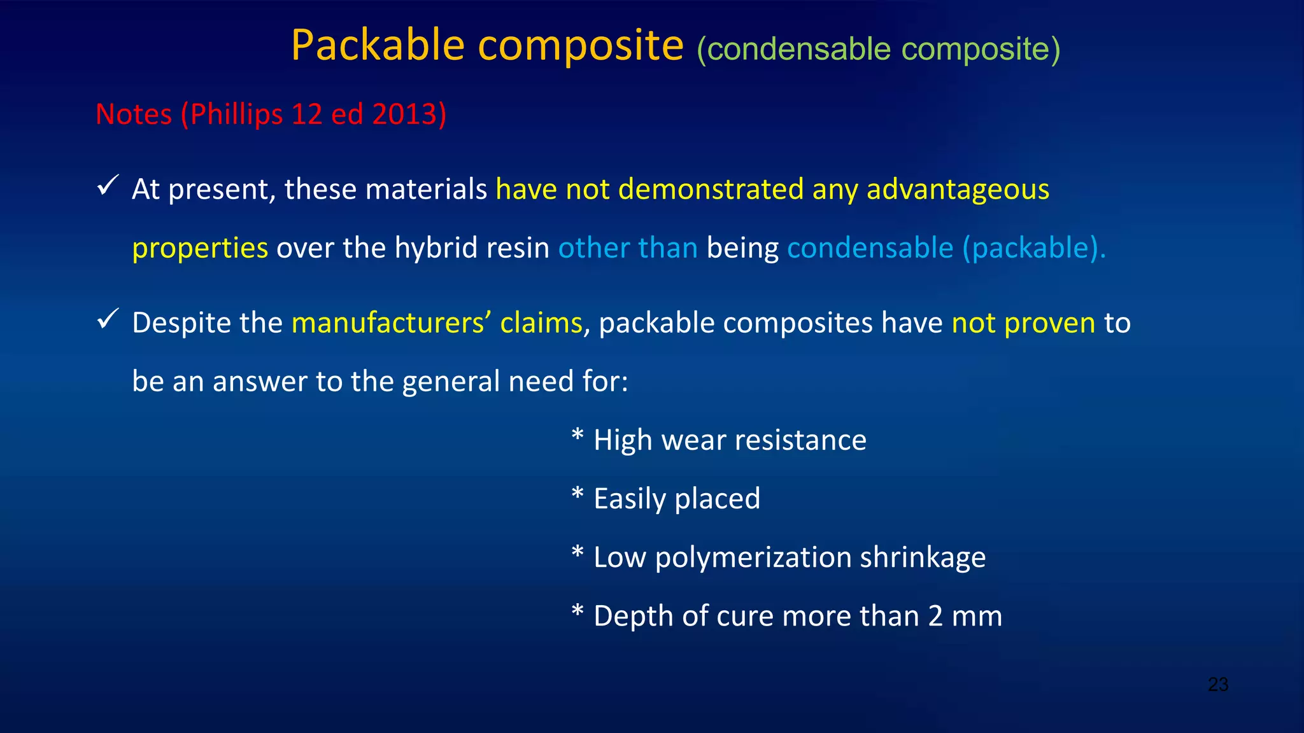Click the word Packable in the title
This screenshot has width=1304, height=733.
pyautogui.click(x=378, y=46)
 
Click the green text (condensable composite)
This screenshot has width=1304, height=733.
pyautogui.click(x=878, y=50)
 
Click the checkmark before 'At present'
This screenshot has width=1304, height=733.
pyautogui.click(x=107, y=186)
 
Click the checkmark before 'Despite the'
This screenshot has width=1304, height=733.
pyautogui.click(x=107, y=319)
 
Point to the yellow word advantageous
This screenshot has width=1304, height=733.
pyautogui.click(x=958, y=190)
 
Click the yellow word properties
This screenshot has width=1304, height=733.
pyautogui.click(x=200, y=248)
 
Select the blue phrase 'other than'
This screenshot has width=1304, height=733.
pyautogui.click(x=628, y=248)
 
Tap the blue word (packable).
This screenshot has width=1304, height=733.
pyautogui.click(x=1034, y=248)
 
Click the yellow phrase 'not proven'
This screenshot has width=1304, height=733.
pyautogui.click(x=1023, y=323)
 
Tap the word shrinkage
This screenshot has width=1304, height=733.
pyautogui.click(x=923, y=557)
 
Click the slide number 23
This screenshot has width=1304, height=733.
pyautogui.click(x=1217, y=685)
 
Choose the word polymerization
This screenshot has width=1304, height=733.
pyautogui.click(x=753, y=557)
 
